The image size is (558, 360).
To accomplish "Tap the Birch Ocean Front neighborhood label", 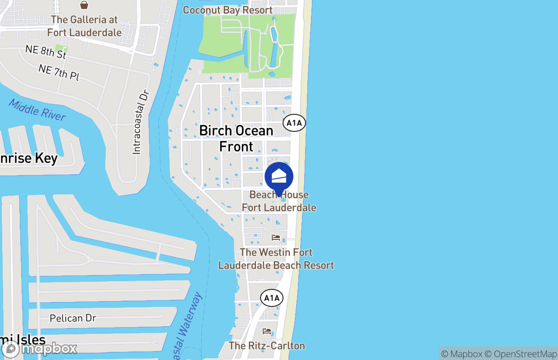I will [x=236, y=139].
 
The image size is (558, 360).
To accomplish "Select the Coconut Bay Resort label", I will [x=228, y=10].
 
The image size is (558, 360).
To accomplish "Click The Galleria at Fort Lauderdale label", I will [x=84, y=26].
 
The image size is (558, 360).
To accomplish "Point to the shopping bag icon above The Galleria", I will [x=84, y=5].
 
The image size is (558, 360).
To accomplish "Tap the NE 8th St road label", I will [x=46, y=52].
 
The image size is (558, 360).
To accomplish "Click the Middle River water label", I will [x=37, y=110].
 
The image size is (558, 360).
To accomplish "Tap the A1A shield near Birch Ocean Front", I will [x=294, y=123].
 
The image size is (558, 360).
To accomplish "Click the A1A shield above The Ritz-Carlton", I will [x=272, y=297].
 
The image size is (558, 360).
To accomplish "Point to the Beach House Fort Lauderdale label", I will [x=279, y=201].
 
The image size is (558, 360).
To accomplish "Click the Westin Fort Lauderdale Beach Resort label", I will [x=276, y=259].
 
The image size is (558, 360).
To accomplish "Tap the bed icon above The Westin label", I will [x=276, y=238].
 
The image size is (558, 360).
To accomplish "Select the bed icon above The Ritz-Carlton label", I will [x=267, y=332].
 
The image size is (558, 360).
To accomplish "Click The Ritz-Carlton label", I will [x=267, y=346].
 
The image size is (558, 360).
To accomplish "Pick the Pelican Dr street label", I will [x=73, y=318].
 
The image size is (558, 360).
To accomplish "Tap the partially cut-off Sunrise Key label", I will [x=28, y=159].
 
